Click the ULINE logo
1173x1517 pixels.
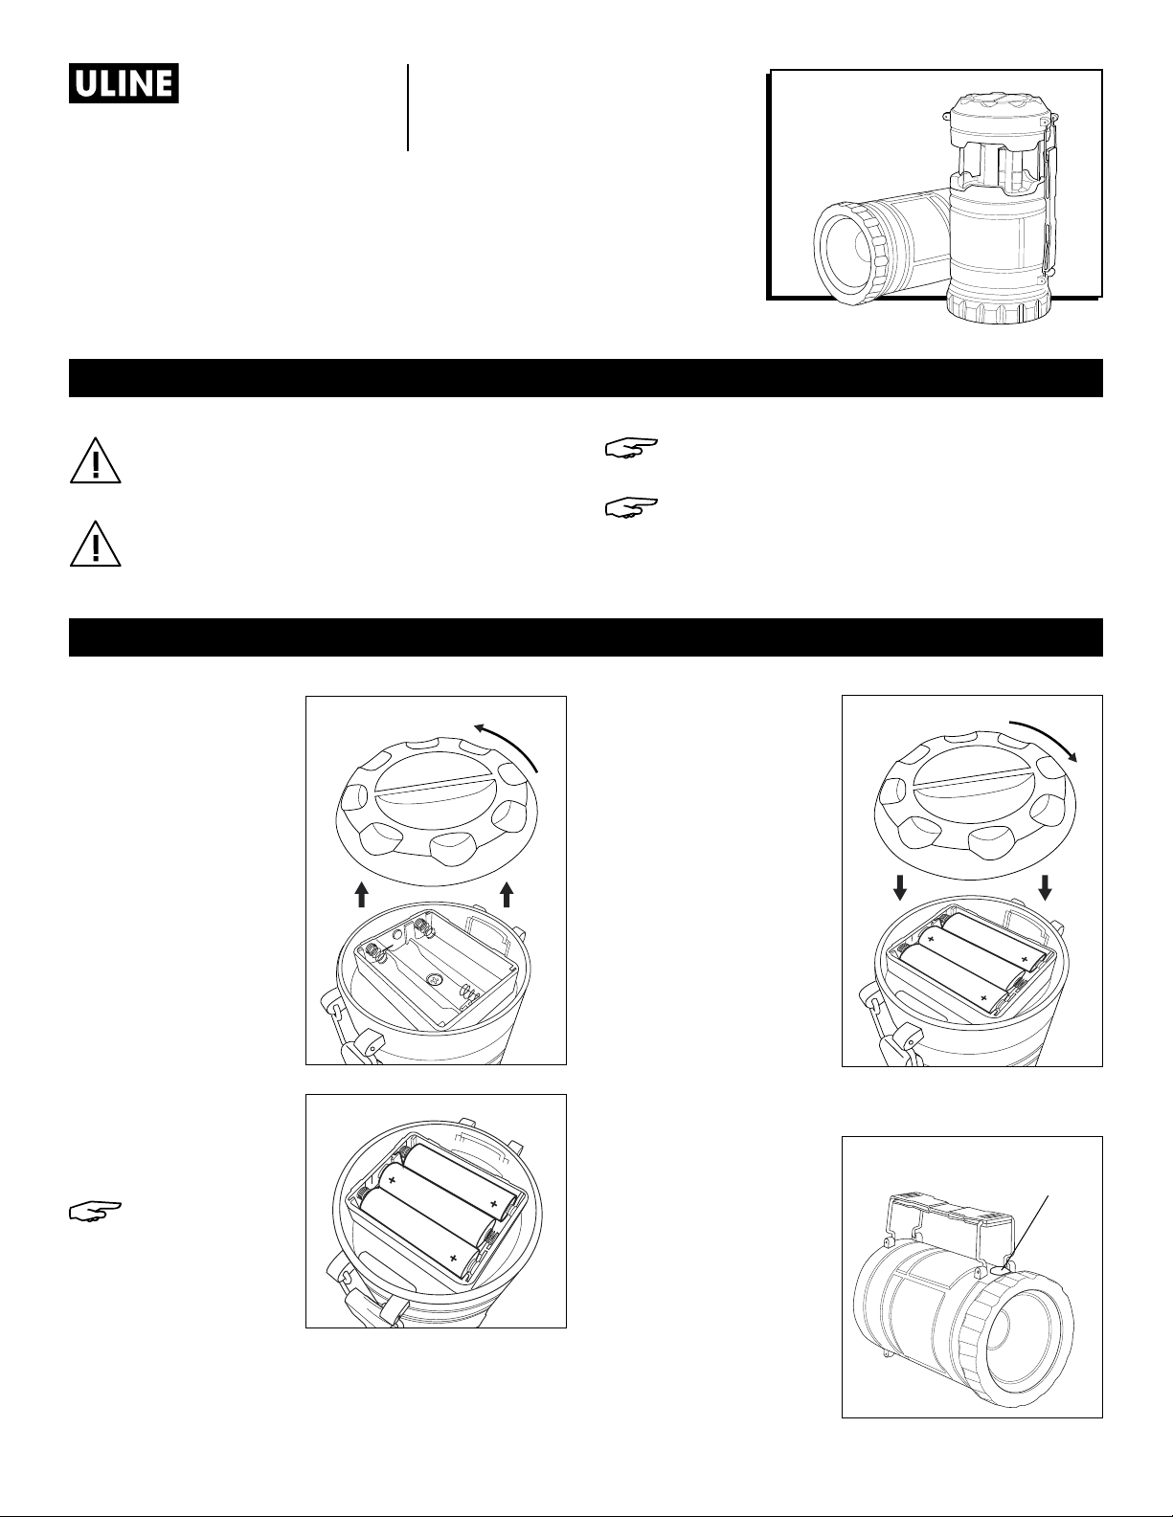tap(124, 83)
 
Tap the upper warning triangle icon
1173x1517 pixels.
tap(96, 460)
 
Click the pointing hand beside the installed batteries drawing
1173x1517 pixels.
tap(95, 1212)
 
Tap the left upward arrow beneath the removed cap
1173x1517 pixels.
tap(362, 895)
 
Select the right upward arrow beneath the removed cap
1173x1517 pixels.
tap(508, 895)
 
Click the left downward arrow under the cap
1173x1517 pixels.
tap(900, 886)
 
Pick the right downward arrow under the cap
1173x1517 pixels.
tap(1046, 886)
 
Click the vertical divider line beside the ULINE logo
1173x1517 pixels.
tap(408, 107)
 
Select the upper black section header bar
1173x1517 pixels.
tap(586, 378)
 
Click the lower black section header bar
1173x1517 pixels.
tap(586, 636)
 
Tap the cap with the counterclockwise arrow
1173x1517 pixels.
tap(437, 810)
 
